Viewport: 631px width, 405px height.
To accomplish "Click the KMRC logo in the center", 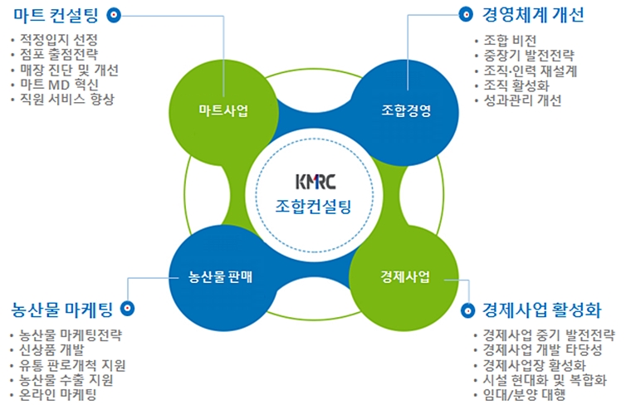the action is pos(315,182).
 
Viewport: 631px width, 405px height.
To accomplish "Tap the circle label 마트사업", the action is pos(223,110).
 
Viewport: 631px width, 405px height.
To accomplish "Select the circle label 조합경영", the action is pos(406,110).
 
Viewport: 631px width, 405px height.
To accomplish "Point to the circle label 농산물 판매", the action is pos(220,276).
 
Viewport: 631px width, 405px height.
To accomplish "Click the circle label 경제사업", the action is pos(405,276).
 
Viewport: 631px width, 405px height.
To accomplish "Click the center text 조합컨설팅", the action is pos(314,207).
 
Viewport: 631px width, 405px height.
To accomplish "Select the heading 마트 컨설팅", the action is pos(56,15).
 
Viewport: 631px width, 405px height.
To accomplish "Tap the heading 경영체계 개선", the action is pos(533,15).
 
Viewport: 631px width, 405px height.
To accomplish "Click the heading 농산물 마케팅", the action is pos(62,310).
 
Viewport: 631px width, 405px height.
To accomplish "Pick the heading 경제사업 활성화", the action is pos(541,310).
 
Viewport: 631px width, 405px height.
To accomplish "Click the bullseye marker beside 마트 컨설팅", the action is pos(114,15).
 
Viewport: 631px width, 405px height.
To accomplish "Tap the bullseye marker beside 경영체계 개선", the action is pos(466,15).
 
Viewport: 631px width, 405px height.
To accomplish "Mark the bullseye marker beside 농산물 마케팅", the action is pos(128,309).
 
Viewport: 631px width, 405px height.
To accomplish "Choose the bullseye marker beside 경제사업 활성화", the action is pos(467,310).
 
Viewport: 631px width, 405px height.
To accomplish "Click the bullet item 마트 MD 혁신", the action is pos(59,85).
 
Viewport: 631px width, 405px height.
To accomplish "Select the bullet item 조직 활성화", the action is pos(516,85).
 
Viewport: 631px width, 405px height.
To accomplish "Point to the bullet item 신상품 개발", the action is pos(51,350).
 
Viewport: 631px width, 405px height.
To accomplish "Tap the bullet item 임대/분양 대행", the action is pos(525,394).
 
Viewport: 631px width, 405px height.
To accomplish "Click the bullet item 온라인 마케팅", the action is pos(58,394).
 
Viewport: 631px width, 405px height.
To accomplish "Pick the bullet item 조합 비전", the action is pos(510,40).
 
